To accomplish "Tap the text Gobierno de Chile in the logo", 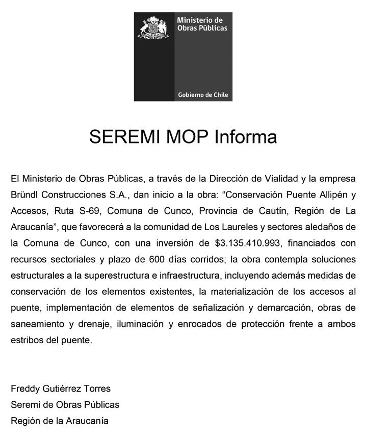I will [203, 95].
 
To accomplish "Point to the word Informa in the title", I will [245, 137].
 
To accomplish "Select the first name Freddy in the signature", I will [24, 389].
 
